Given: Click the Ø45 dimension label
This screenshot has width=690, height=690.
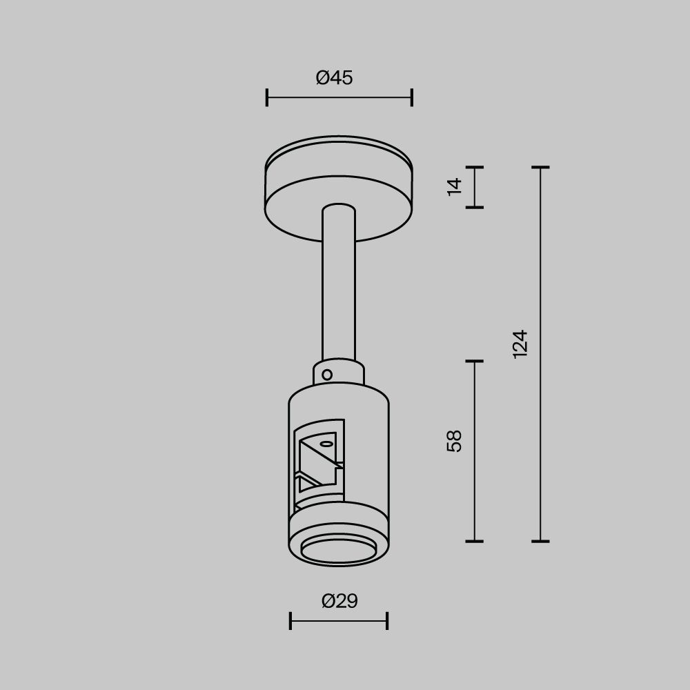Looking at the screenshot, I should point(335,78).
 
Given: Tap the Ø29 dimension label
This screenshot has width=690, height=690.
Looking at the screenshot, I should point(339,602).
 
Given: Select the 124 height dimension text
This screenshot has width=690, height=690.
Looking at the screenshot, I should point(520,343).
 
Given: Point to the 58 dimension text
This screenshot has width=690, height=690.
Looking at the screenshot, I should point(454,440).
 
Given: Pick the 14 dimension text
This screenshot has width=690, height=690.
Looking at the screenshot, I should point(454,186).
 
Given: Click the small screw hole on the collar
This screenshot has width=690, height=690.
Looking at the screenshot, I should point(327,375).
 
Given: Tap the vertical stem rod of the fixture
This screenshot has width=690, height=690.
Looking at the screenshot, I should point(338,290).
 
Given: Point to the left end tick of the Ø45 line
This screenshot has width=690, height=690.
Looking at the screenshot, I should point(267,97).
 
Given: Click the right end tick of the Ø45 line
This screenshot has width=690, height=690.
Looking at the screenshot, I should point(412,97).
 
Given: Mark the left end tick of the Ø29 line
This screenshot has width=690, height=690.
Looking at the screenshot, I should point(290,620).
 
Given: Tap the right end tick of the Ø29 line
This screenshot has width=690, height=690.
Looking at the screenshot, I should point(387,620).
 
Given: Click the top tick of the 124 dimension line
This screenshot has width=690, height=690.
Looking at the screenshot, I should point(540,167).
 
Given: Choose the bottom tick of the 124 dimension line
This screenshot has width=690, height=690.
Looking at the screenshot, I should point(540,541).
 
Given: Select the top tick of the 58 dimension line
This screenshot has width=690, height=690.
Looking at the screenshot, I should point(474,361).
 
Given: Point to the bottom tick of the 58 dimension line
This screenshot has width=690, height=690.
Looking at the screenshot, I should point(474,541).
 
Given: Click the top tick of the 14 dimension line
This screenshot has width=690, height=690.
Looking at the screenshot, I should point(474,167).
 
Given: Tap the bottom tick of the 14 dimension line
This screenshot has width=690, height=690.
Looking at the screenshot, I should point(474,206).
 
